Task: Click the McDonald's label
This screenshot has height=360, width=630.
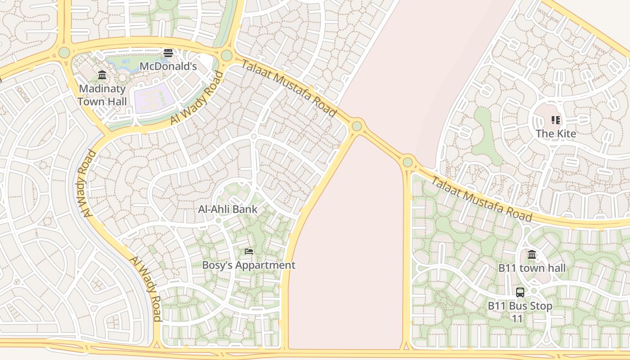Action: (168, 67)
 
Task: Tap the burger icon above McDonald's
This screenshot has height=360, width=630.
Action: (168, 53)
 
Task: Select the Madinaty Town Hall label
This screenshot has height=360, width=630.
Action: (102, 95)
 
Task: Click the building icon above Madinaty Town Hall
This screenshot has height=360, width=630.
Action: (102, 75)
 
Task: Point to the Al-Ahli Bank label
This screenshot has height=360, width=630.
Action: (228, 209)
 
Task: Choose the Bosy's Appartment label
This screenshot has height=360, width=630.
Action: (248, 265)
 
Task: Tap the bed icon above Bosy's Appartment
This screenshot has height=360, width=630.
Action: (249, 252)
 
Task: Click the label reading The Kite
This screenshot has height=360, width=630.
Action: (556, 134)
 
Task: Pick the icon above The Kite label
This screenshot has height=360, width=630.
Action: (556, 120)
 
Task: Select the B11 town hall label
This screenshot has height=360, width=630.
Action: (532, 268)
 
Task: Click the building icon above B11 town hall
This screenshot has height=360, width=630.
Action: (532, 255)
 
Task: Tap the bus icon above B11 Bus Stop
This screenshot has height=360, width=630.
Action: (520, 292)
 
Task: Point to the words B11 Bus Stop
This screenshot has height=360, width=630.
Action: (520, 306)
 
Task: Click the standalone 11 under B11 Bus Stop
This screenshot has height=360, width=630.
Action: (517, 319)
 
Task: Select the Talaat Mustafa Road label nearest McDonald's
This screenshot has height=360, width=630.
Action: (289, 88)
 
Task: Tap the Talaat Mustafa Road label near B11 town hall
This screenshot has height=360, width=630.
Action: (481, 199)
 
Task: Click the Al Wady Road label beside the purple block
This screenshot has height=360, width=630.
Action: (197, 99)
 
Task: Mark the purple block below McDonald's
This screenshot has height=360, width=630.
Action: (154, 98)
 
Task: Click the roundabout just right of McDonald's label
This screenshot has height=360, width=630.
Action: (227, 55)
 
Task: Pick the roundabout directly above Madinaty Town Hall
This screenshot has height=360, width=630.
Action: (64, 53)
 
